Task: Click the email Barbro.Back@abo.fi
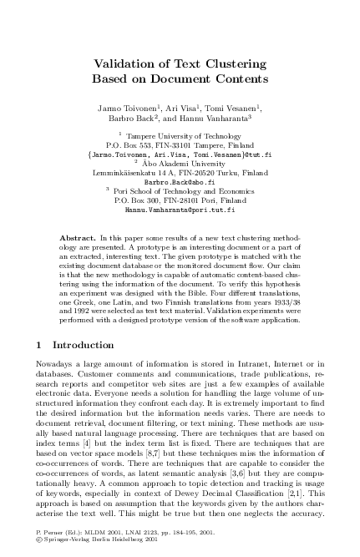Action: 180,181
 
